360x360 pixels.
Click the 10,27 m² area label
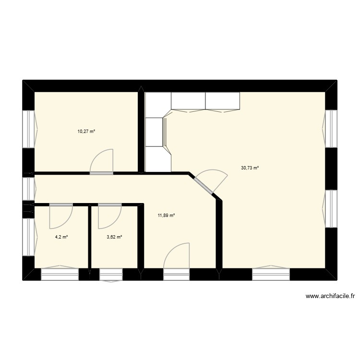coord(86,131)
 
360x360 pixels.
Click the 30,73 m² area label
coord(250,168)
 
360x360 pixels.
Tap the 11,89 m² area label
coord(166,216)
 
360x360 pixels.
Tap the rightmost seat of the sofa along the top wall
coord(222,101)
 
